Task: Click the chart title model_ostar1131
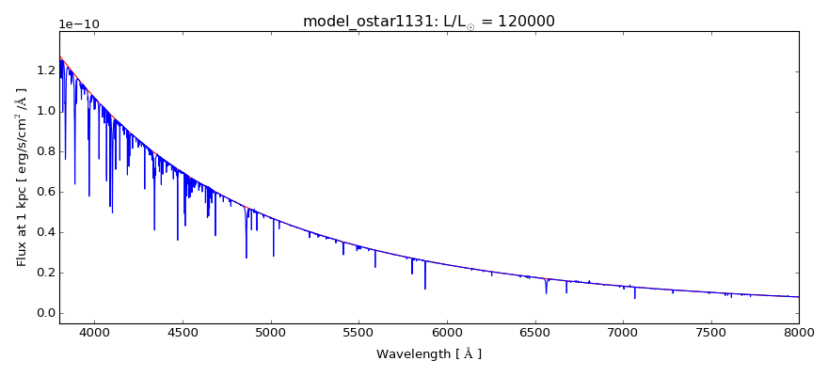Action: [x=362, y=21]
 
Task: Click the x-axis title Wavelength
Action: [x=428, y=354]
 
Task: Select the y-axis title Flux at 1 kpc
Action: [x=21, y=177]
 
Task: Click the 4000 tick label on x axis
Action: [x=94, y=335]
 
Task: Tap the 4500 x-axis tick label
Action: [x=183, y=335]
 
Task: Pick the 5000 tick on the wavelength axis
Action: [x=271, y=335]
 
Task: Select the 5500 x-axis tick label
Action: [x=358, y=335]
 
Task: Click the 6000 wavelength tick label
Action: [x=447, y=335]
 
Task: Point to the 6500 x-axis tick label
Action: [x=534, y=335]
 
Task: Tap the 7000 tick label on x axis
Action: [x=623, y=335]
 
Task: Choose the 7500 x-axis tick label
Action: [x=710, y=335]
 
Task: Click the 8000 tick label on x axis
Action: [x=798, y=335]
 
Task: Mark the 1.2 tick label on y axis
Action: [x=43, y=70]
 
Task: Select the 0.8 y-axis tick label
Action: [x=43, y=151]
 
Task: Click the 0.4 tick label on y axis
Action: [x=43, y=232]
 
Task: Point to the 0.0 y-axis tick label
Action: [x=43, y=313]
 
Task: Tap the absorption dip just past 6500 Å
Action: [x=546, y=288]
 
